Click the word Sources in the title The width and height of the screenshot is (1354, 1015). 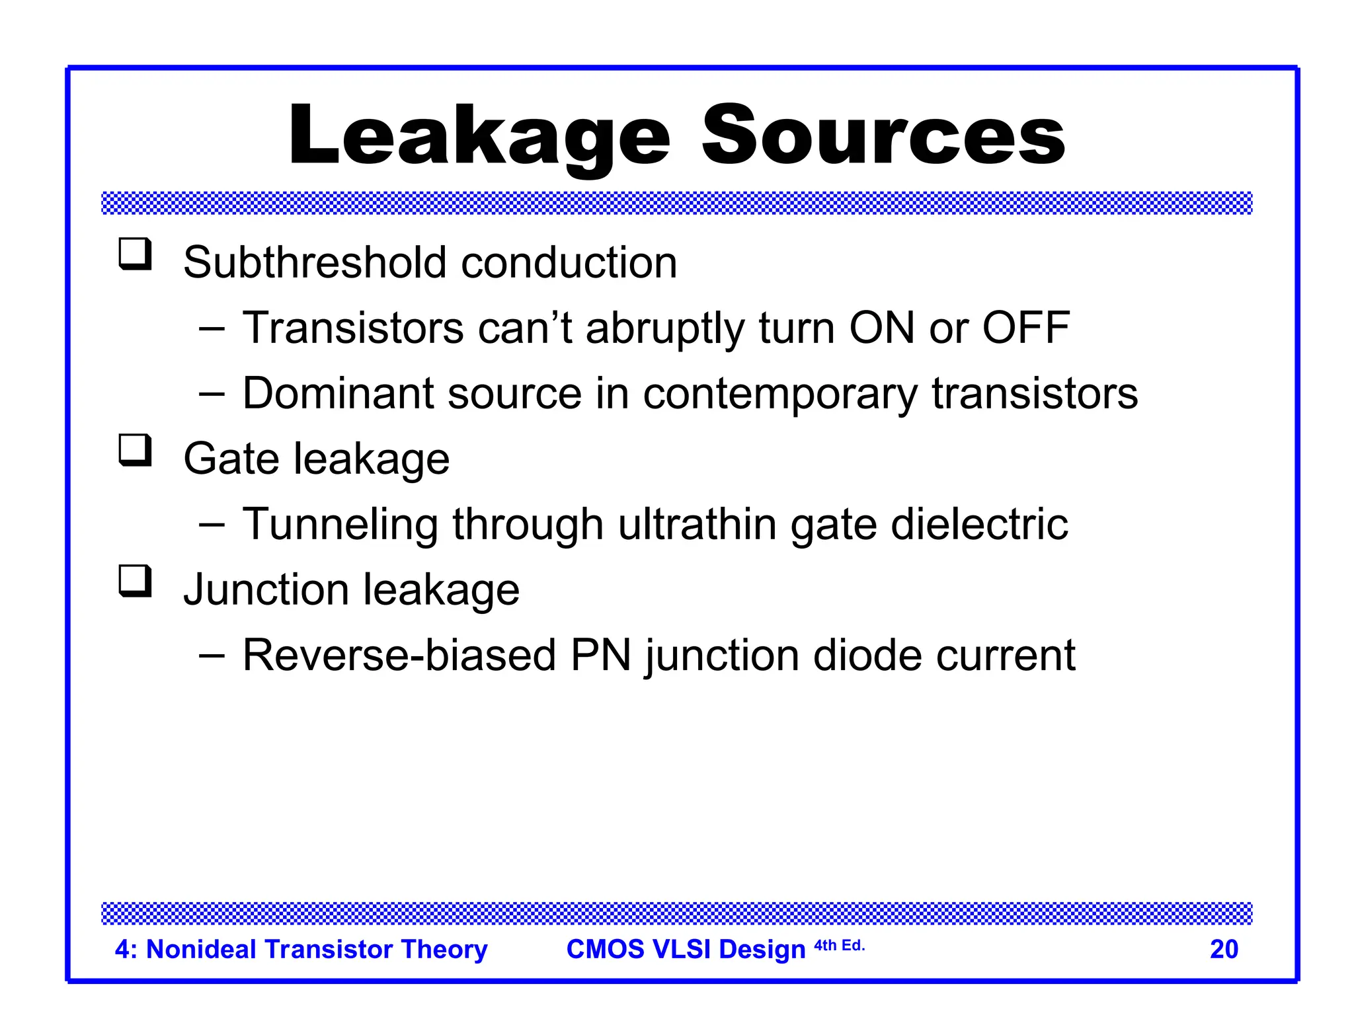[883, 137]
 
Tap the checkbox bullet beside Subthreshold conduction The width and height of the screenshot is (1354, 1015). [136, 254]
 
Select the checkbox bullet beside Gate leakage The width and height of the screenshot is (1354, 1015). [136, 451]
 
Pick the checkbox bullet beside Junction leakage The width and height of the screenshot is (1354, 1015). [136, 582]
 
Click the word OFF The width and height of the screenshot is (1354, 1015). [1025, 328]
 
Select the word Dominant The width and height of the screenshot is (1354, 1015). [338, 394]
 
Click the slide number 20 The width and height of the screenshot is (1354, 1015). [1224, 949]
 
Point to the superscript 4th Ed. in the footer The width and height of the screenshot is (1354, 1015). [839, 946]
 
